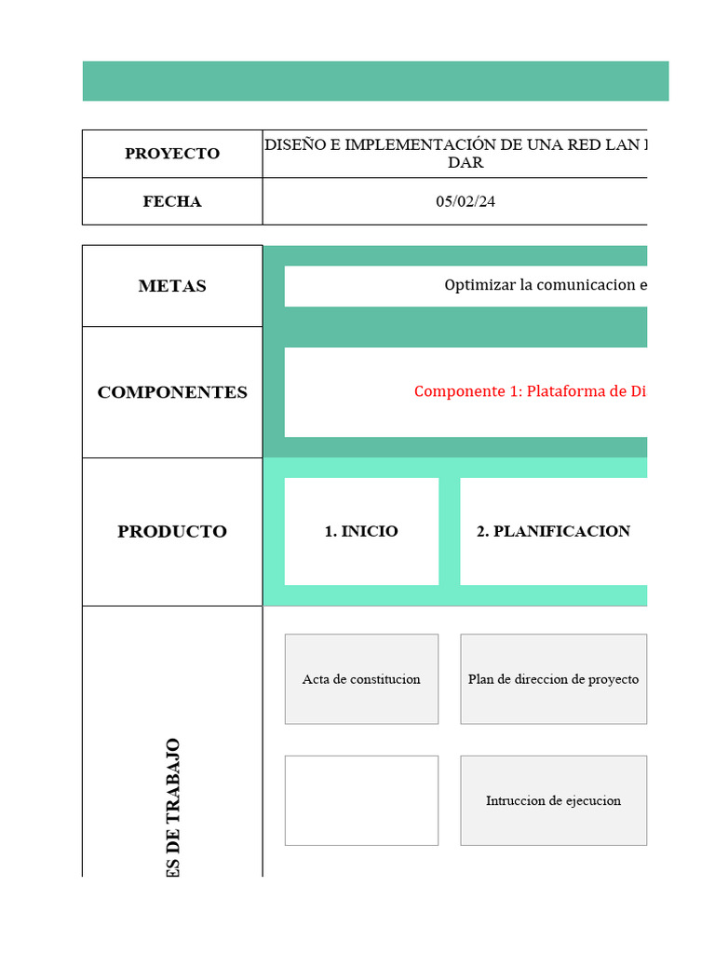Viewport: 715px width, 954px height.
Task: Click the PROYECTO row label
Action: tap(172, 154)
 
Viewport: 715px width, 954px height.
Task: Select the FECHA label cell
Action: tap(172, 201)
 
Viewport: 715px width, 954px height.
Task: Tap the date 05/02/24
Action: tap(465, 201)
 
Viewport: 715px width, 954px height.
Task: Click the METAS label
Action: tap(172, 286)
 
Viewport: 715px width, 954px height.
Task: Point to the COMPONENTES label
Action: tap(172, 392)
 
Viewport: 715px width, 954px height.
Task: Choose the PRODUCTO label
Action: tap(172, 531)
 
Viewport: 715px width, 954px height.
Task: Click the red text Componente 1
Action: tap(530, 391)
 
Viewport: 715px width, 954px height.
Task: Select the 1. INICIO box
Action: tap(361, 531)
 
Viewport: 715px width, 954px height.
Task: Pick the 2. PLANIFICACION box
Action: tap(553, 531)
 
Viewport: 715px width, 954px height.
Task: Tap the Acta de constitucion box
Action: tap(361, 679)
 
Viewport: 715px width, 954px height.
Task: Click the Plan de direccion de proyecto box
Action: tap(553, 679)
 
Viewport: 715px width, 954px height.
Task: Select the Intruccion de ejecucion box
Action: tap(553, 800)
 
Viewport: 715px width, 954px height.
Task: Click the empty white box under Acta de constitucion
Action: tap(361, 800)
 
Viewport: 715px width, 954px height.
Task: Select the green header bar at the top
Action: tap(375, 81)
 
